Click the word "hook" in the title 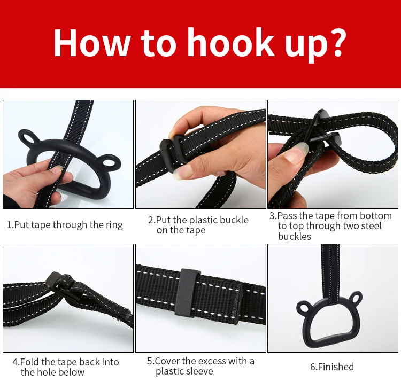[231, 42]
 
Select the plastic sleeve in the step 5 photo [188, 292]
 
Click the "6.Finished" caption [332, 367]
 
